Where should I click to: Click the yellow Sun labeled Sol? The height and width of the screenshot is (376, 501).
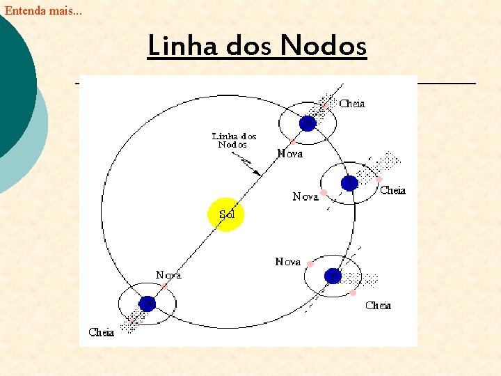226,214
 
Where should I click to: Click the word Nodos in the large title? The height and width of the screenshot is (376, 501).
323,46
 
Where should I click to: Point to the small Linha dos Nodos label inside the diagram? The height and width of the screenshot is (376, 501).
234,140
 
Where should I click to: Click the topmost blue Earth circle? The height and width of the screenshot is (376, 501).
308,123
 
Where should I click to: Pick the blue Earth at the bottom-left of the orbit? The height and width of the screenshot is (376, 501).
147,303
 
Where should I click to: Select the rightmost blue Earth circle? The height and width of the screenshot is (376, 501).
349,183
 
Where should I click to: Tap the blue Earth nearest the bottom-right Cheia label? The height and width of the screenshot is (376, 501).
333,275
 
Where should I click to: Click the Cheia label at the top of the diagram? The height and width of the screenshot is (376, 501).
352,104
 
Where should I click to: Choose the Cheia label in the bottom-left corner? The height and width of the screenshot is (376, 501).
102,332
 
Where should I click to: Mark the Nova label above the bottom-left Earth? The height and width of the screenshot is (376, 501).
168,275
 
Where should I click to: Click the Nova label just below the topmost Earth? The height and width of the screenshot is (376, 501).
289,153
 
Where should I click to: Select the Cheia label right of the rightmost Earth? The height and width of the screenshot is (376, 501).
392,190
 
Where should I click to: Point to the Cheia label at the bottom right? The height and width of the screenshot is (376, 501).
378,305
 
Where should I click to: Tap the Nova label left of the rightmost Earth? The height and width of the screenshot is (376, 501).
305,197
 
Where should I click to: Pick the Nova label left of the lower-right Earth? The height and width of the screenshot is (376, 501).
287,262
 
